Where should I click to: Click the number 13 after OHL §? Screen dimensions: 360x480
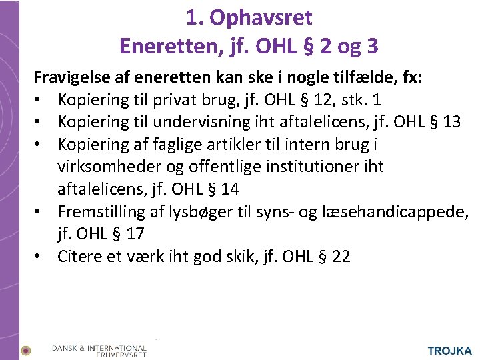point(450,122)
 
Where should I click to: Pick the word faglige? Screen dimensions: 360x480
point(178,145)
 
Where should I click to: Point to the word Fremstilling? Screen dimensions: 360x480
point(100,212)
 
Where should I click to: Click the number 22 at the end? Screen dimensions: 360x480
point(340,257)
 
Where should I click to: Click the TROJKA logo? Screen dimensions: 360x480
point(449,350)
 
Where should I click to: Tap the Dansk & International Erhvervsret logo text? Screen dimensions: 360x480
point(99,351)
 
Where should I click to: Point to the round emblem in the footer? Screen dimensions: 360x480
point(26,351)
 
